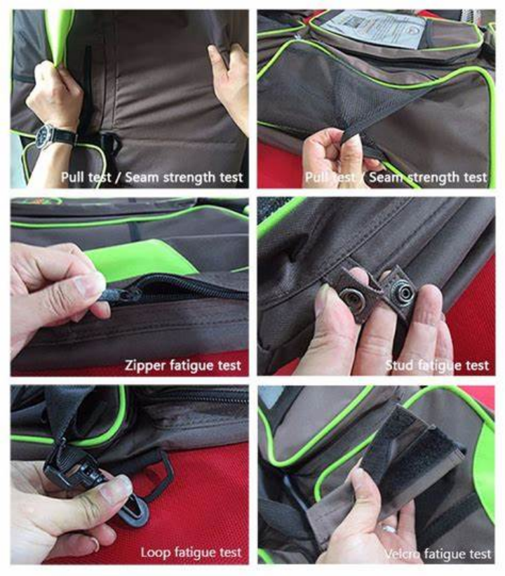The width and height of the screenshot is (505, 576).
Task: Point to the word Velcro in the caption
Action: click(402, 554)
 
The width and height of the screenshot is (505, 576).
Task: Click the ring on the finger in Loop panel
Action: click(95, 544)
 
